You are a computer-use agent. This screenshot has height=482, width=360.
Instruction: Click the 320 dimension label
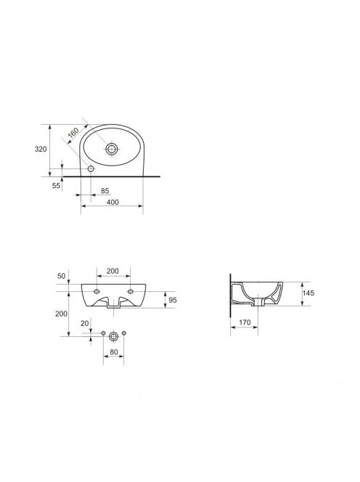41,150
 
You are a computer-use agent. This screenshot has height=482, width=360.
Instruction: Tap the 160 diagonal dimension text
73,133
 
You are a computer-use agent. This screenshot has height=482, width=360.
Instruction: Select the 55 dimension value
56,186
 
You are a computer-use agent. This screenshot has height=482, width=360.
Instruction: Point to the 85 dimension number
105,191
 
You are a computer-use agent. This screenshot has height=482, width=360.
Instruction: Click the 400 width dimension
112,203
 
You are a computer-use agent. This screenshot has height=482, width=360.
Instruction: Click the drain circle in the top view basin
111,149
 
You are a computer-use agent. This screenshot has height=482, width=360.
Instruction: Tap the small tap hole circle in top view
91,168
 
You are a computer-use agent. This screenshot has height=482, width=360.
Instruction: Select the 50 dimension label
62,276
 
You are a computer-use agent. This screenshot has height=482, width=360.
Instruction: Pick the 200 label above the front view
112,271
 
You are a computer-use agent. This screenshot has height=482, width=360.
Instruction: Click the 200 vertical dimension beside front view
61,314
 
